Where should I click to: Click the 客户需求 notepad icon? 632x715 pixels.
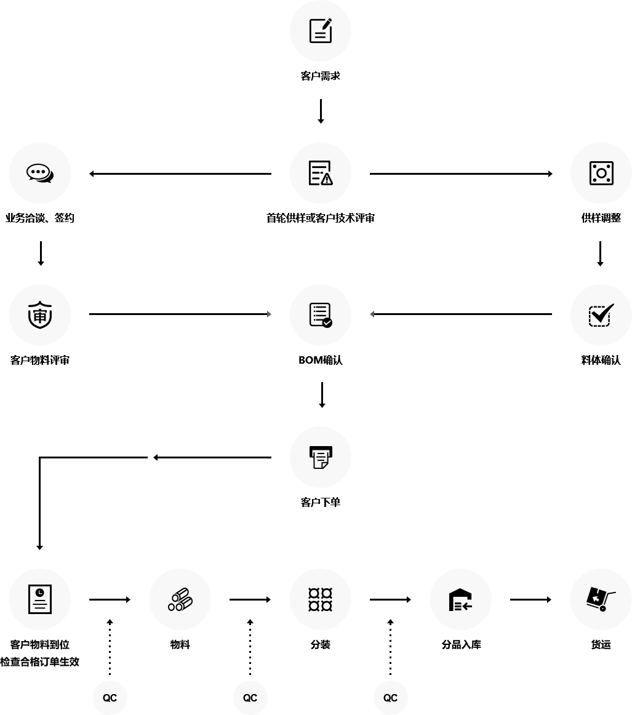320,31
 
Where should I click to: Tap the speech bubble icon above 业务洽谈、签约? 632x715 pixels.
40,173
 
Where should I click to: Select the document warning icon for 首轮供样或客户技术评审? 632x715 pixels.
320,173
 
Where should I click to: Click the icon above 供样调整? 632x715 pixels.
601,173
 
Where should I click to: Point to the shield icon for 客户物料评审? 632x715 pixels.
40,315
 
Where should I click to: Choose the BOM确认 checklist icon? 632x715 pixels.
320,315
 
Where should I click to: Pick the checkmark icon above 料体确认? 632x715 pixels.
601,315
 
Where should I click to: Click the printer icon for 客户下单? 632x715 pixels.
320,457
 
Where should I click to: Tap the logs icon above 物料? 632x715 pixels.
180,599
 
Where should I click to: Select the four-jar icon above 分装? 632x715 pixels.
320,599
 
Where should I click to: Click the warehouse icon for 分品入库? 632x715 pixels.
460,599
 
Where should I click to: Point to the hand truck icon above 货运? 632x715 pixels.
601,599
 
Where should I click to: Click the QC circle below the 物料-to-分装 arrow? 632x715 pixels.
250,698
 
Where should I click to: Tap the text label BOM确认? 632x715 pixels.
320,361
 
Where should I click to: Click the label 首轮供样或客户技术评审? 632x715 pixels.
320,218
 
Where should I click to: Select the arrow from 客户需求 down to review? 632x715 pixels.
321,111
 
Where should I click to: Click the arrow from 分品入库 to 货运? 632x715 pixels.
530,599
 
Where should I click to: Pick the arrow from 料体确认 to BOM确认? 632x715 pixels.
461,314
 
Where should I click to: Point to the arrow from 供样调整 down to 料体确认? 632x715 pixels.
600,254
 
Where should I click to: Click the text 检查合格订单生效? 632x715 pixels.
40,663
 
